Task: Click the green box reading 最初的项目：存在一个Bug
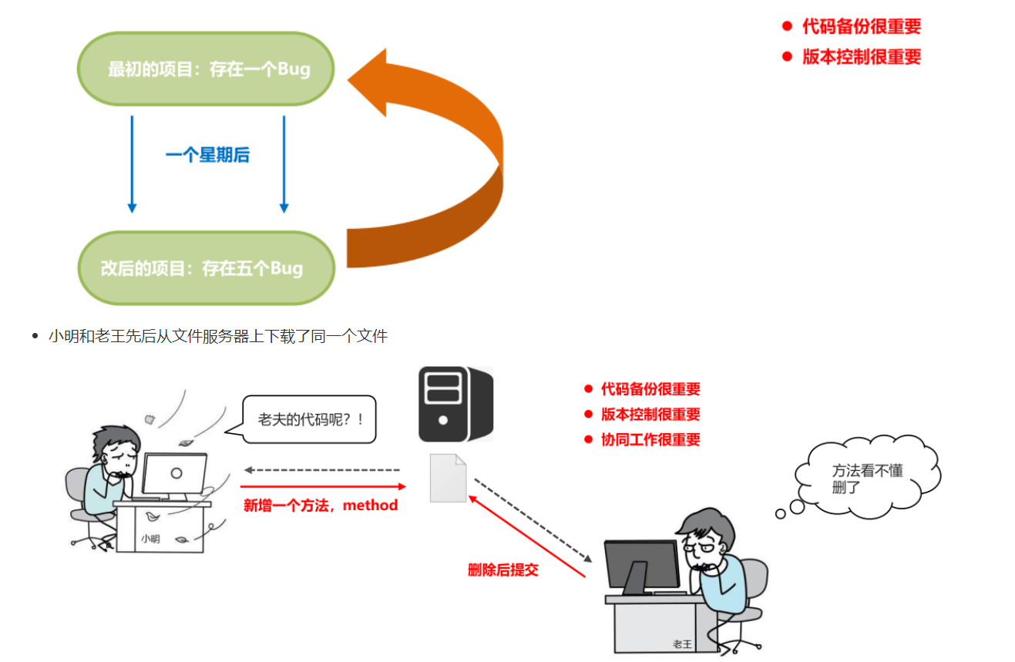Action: pyautogui.click(x=207, y=69)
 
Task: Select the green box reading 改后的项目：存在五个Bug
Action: pyautogui.click(x=207, y=268)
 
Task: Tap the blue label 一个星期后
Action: pyautogui.click(x=207, y=155)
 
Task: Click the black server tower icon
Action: pyautogui.click(x=455, y=404)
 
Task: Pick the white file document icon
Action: pyautogui.click(x=448, y=478)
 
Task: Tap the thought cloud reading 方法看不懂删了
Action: pyautogui.click(x=868, y=478)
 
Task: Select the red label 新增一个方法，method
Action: pyautogui.click(x=321, y=506)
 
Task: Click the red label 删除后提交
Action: pyautogui.click(x=503, y=570)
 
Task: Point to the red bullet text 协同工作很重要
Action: pyautogui.click(x=650, y=439)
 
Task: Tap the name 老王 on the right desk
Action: pyautogui.click(x=682, y=644)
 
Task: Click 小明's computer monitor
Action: pyautogui.click(x=175, y=474)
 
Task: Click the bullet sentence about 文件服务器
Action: pyautogui.click(x=217, y=336)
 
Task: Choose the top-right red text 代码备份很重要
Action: pyautogui.click(x=862, y=26)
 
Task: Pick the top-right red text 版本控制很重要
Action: pyautogui.click(x=862, y=57)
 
